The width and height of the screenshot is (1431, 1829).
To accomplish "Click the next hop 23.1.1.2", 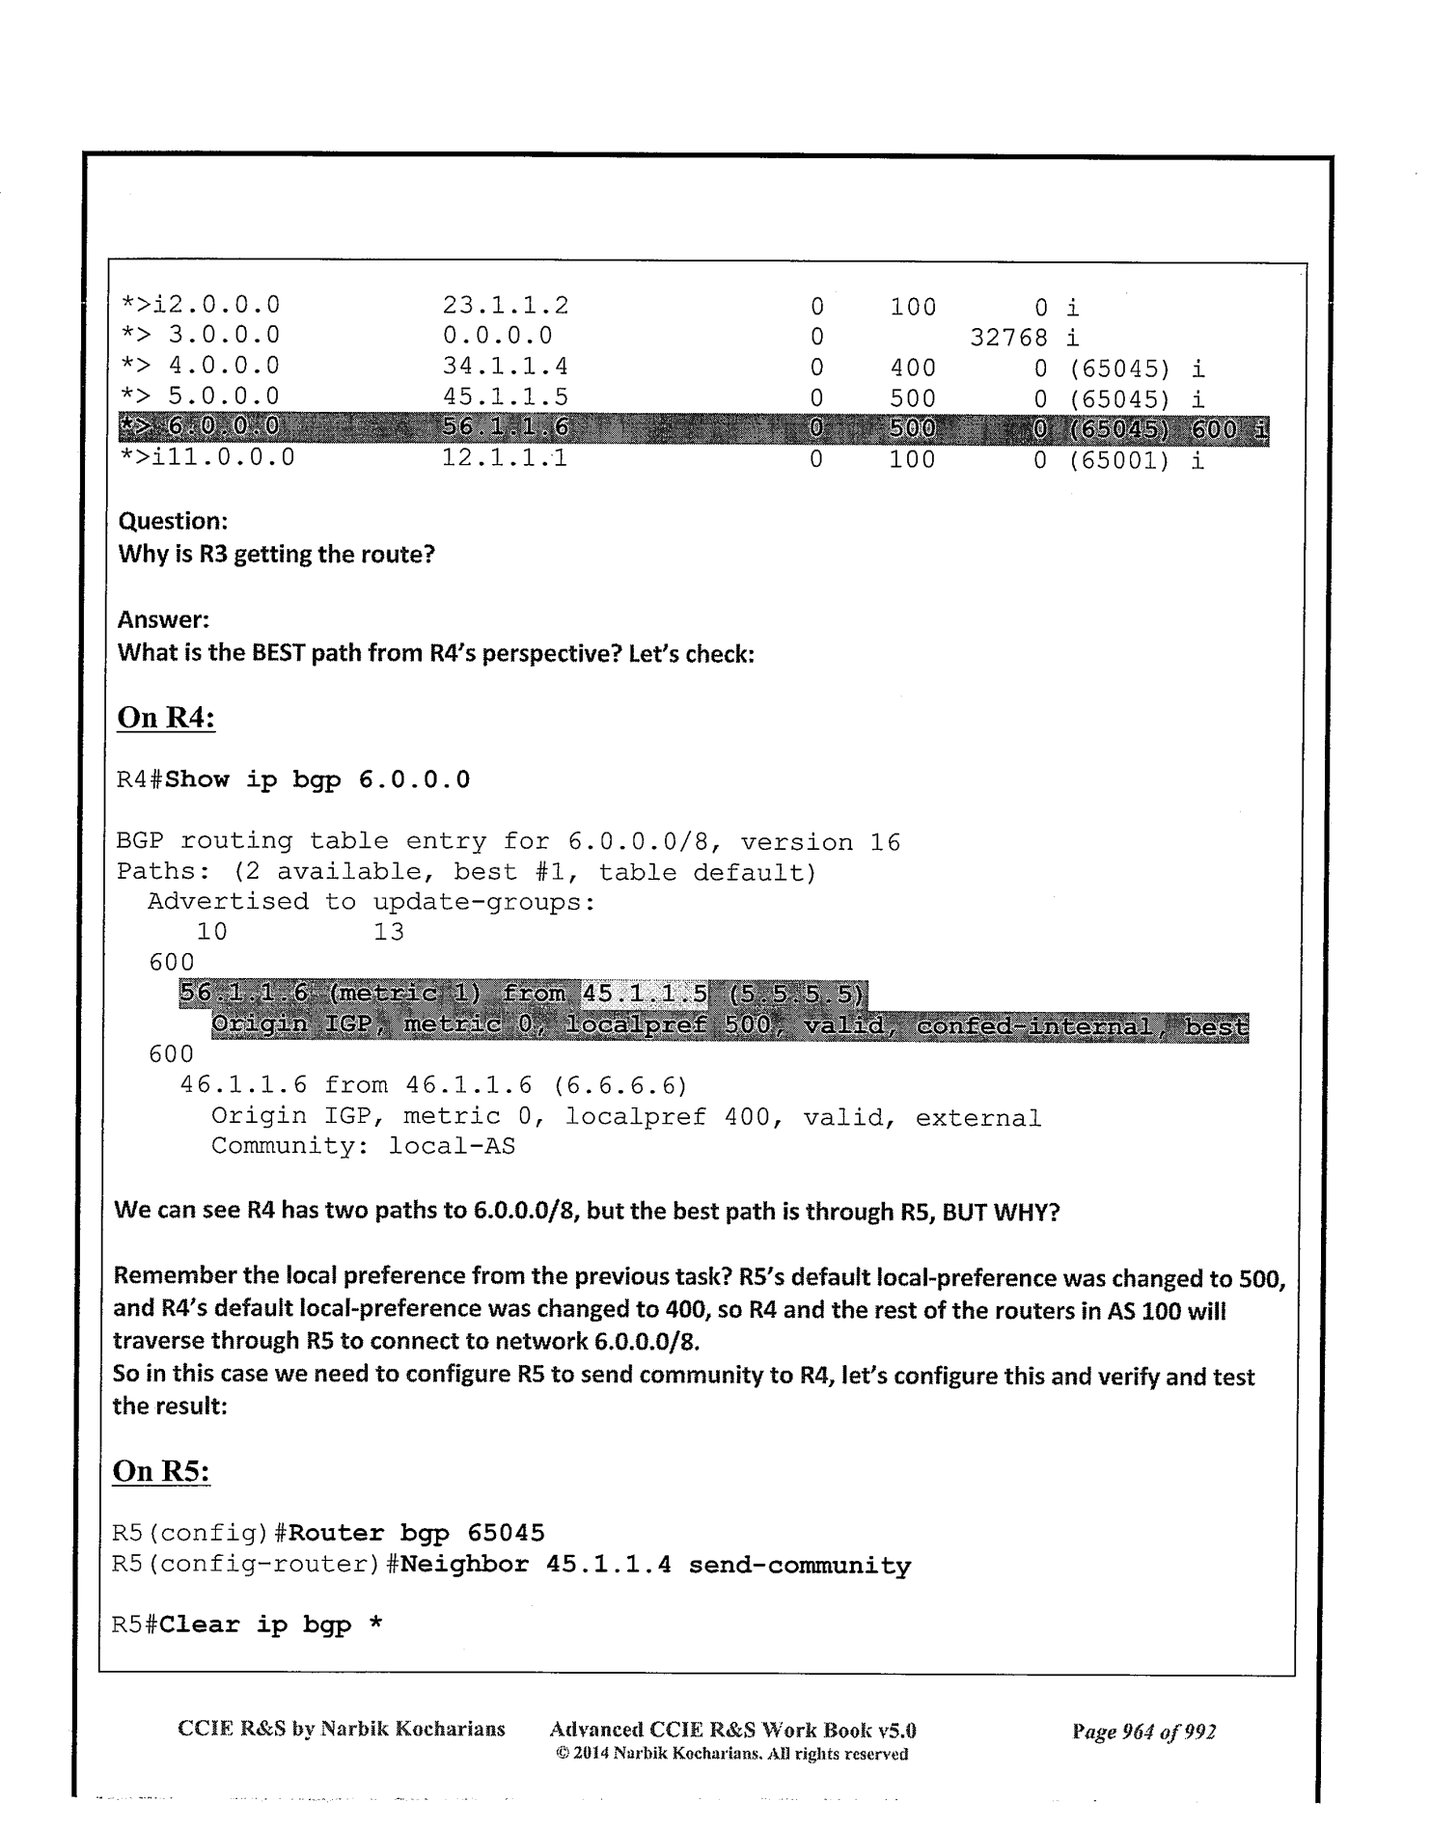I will (x=505, y=306).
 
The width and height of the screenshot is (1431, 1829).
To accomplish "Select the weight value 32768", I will (x=1007, y=338).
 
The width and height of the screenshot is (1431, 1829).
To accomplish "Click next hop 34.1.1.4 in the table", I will (x=505, y=367).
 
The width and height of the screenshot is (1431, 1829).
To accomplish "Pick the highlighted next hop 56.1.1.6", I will (x=505, y=427).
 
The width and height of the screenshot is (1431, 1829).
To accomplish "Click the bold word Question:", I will (x=173, y=521).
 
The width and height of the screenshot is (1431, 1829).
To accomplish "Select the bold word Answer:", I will (x=163, y=619).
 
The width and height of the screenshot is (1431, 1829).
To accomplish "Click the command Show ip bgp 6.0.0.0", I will (x=317, y=779).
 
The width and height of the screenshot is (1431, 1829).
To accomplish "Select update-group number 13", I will (x=388, y=932).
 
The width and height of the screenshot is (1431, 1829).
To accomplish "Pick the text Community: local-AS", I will (x=363, y=1146).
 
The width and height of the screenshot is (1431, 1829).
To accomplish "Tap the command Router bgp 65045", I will (x=416, y=1533).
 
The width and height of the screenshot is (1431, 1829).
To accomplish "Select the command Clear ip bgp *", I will (x=271, y=1624).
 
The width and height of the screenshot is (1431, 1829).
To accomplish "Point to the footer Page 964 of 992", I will (x=1143, y=1731).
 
